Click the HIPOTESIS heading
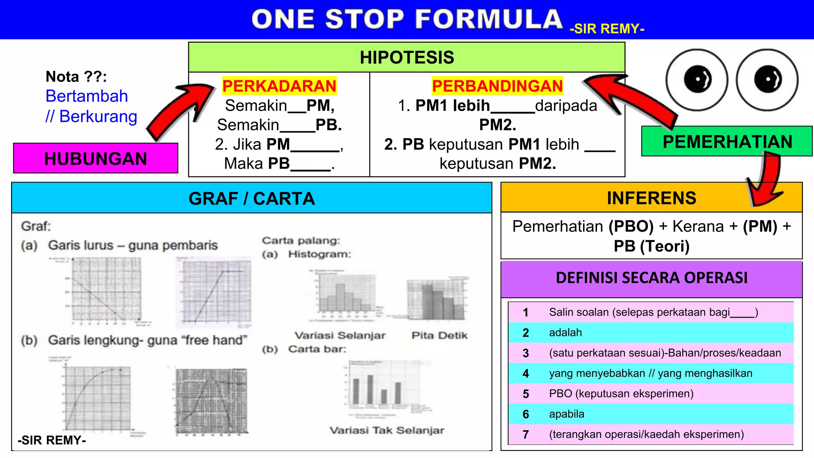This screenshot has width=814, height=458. tap(407, 58)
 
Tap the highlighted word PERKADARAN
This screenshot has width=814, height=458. tap(279, 86)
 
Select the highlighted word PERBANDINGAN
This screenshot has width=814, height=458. tap(497, 86)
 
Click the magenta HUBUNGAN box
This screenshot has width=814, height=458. tap(95, 158)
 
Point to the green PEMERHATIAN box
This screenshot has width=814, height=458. tap(727, 142)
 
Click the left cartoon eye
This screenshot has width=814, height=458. tap(697, 80)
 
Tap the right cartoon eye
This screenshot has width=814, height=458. tap(767, 80)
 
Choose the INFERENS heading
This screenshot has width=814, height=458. tap(651, 198)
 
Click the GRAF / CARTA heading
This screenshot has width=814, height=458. tap(252, 198)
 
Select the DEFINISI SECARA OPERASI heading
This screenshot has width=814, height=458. tap(651, 278)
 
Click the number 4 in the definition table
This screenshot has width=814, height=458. tap(525, 373)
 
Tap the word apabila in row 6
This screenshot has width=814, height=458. tap(566, 414)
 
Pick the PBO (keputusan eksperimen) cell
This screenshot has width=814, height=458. tap(621, 394)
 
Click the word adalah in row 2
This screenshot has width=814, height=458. tap(565, 332)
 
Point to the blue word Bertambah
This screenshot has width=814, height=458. tap(87, 96)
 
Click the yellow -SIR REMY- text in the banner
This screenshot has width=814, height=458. tap(607, 29)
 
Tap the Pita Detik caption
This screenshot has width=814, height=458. tap(439, 336)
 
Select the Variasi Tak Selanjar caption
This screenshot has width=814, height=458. tap(387, 430)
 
